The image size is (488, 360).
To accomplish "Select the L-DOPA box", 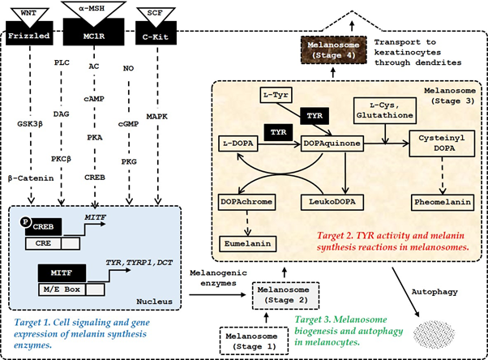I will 239,142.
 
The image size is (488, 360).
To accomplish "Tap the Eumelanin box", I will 249,242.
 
